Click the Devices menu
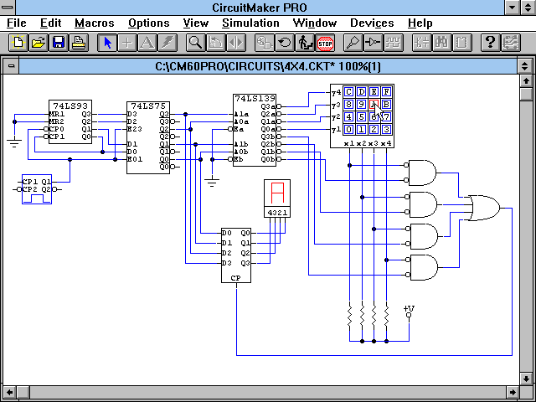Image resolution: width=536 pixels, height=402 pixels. tap(372, 23)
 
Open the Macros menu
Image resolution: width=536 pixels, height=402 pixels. tap(95, 23)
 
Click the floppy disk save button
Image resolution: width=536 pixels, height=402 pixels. tap(59, 42)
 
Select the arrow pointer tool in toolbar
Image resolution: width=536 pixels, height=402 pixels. tap(108, 42)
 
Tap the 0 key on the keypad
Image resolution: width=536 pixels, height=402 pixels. tap(349, 129)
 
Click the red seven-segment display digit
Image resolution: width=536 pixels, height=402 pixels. tap(276, 194)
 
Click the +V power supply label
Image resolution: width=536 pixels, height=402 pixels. tap(409, 310)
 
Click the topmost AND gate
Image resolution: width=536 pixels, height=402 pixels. tap(421, 173)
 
